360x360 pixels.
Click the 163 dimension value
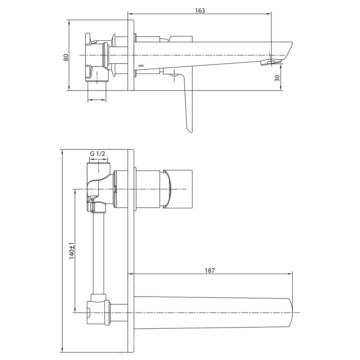(x=200, y=10)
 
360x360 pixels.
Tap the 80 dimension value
(x=66, y=57)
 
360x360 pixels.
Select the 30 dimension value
(x=277, y=78)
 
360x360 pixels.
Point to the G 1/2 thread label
(x=98, y=154)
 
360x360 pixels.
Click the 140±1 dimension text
(x=72, y=251)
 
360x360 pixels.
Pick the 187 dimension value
(x=210, y=270)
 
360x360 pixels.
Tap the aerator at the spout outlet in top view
(x=271, y=62)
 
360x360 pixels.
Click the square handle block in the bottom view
(x=178, y=189)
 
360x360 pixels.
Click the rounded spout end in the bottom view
(x=291, y=312)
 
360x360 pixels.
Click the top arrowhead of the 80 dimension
(x=69, y=22)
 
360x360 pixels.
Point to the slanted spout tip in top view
(x=288, y=51)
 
